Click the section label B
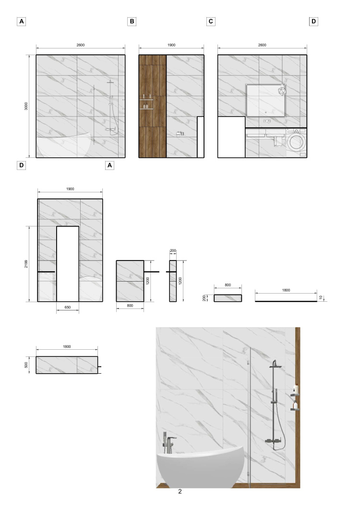[x=132, y=22]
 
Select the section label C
[x=211, y=22]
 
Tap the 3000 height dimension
[x=26, y=106]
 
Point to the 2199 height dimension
[x=26, y=264]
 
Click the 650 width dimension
[x=68, y=307]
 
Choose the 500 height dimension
[x=26, y=365]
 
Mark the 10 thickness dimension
[x=321, y=297]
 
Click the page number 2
[x=180, y=491]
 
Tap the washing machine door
[x=296, y=142]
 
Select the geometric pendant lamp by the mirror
[x=282, y=90]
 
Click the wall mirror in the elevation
[x=266, y=100]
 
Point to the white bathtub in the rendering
[x=201, y=467]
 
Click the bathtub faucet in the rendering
[x=168, y=443]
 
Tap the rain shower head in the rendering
[x=275, y=366]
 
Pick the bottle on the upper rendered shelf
[x=296, y=389]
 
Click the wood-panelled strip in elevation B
[x=153, y=106]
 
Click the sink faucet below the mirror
[x=267, y=121]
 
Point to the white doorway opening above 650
[x=68, y=264]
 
